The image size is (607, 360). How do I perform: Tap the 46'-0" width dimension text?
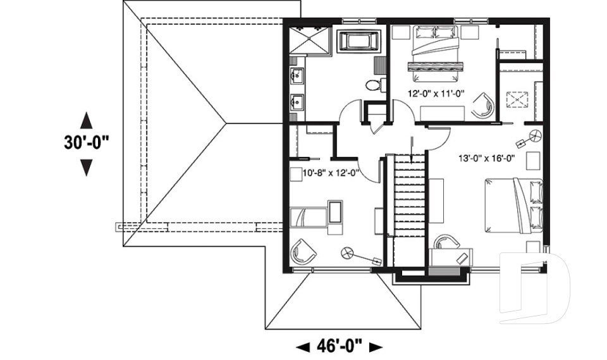[x=340, y=346]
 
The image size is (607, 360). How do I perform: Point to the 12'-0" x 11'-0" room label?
[x=436, y=94]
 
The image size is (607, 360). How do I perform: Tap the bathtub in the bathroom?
[x=359, y=42]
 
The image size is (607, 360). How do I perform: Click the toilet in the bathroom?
[x=374, y=85]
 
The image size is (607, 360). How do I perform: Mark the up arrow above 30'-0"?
[x=87, y=120]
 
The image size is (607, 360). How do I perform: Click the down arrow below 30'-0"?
[x=87, y=167]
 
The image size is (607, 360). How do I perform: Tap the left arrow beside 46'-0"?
[x=303, y=347]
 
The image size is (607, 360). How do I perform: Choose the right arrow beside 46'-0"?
[x=376, y=347]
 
